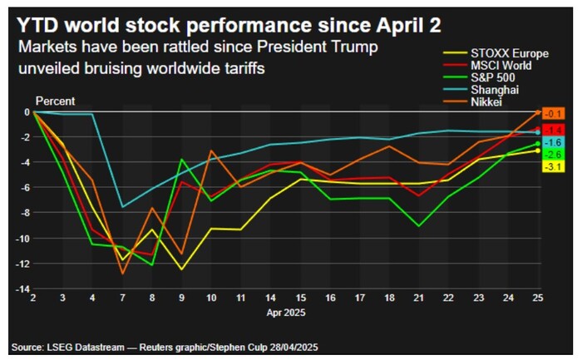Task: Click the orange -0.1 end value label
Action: tap(554, 113)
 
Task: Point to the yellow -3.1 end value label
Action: tap(554, 167)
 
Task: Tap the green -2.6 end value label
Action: tap(554, 155)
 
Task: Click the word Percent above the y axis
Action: tap(53, 101)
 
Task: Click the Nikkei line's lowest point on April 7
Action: tap(122, 273)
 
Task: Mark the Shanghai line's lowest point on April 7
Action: tap(122, 206)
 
